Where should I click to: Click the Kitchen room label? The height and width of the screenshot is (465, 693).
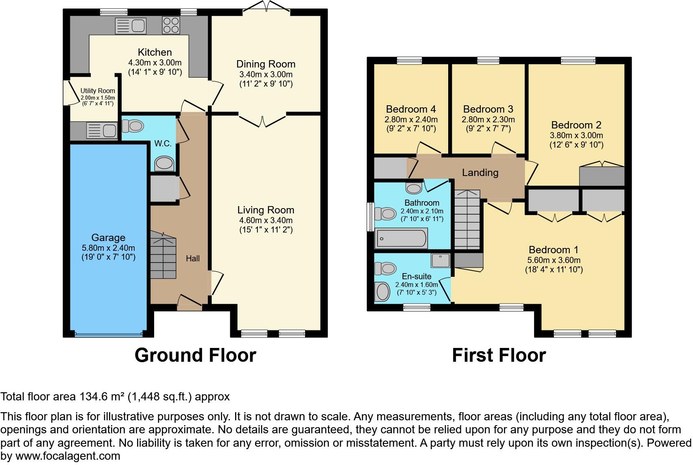(155, 52)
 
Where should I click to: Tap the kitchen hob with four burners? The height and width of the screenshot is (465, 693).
(171, 25)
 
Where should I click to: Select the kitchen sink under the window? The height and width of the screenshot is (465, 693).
(131, 26)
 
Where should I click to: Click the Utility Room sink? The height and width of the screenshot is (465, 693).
(102, 130)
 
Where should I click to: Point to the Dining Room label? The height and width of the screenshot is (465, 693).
(266, 64)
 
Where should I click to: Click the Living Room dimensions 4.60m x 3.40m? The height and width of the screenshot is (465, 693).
(266, 220)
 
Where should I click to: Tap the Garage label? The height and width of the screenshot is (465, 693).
(108, 237)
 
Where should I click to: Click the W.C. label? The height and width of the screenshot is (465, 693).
(163, 143)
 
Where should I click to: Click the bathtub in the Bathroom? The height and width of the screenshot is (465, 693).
(401, 238)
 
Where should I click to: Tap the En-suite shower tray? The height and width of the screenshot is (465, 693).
(440, 260)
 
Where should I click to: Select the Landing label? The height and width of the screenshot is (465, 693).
(480, 172)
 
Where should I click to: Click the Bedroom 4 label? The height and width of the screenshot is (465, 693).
(411, 109)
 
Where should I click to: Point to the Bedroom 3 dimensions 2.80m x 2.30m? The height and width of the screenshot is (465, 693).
(488, 120)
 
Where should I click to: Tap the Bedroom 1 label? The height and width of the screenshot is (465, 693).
(554, 250)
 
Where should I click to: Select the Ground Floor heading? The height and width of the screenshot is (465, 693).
(195, 355)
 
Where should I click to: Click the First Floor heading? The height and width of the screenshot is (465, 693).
(499, 355)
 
